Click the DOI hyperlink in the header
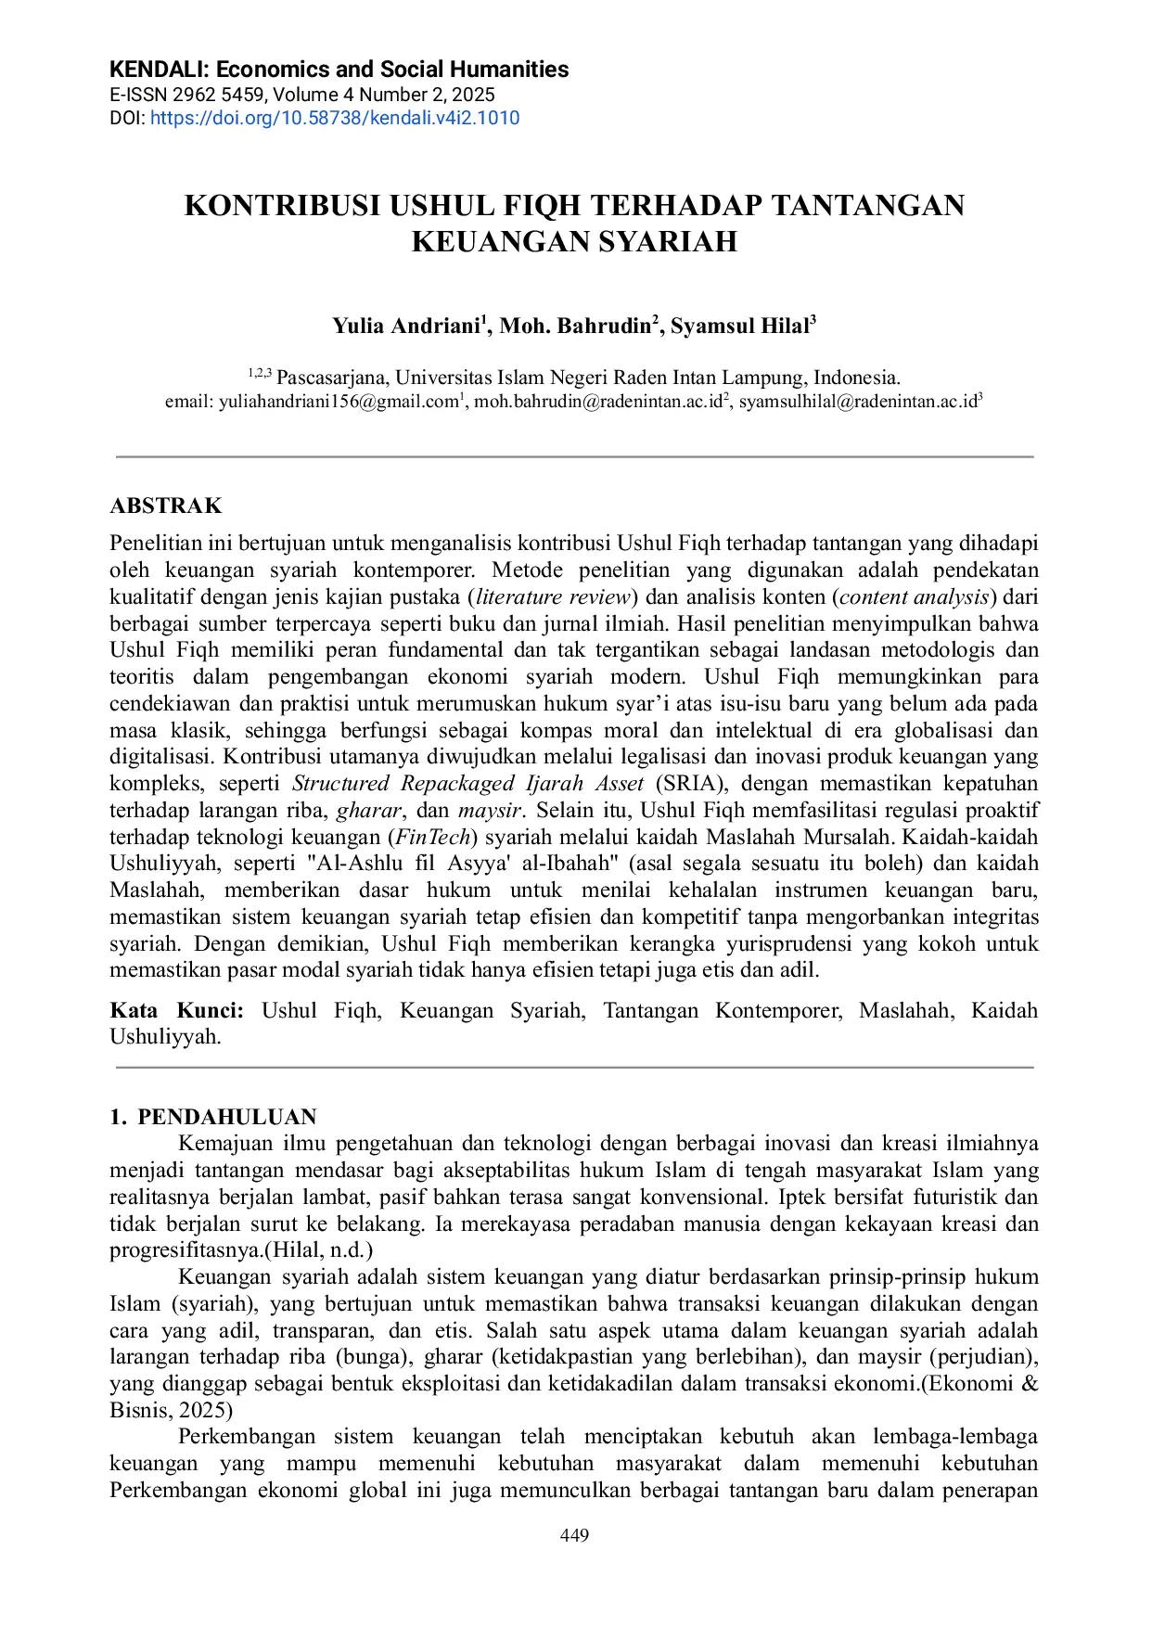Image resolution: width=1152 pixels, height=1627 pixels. pos(334,118)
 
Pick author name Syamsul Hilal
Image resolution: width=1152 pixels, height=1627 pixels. pos(739,326)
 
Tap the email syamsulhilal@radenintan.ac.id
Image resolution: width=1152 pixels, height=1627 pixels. pos(858,402)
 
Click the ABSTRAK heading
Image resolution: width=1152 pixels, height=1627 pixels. pos(166,506)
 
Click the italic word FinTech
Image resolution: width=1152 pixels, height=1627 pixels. pos(433,837)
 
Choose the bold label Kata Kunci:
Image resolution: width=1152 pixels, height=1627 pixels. pos(176,1010)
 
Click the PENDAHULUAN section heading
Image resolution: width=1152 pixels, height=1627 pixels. pos(227,1116)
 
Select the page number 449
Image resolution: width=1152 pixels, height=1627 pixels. pos(575,1535)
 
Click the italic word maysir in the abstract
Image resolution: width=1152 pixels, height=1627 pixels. pos(491,810)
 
